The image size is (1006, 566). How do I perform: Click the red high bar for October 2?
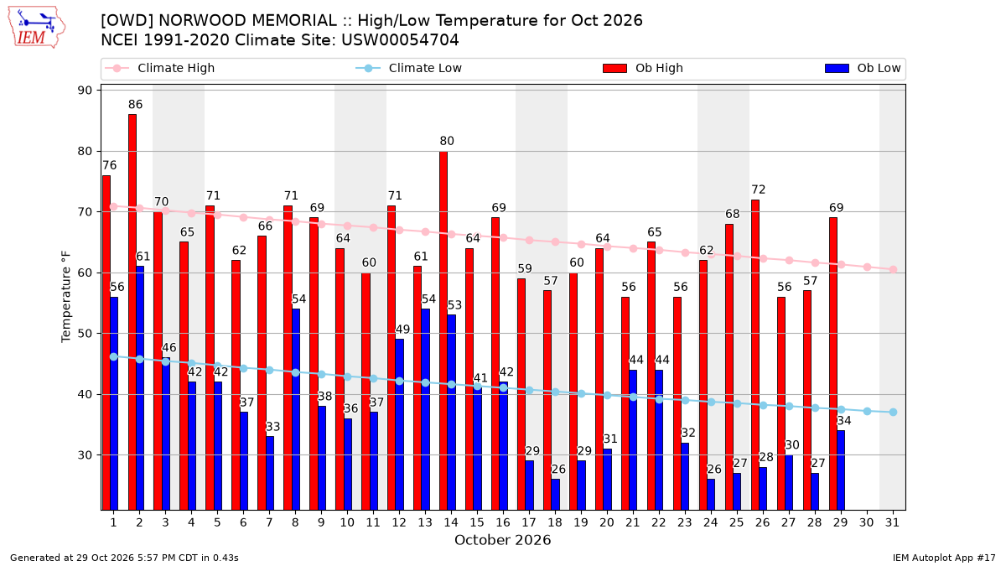click(x=132, y=312)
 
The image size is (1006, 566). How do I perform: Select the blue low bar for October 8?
click(x=296, y=409)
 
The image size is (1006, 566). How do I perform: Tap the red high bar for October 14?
click(x=443, y=330)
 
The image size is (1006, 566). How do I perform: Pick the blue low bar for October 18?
click(x=556, y=495)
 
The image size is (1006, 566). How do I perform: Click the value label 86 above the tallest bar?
click(x=135, y=105)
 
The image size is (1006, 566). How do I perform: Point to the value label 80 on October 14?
click(x=447, y=141)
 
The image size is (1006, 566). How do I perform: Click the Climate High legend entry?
click(x=160, y=68)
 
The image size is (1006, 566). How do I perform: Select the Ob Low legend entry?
click(x=863, y=68)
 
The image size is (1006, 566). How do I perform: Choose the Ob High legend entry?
click(x=643, y=68)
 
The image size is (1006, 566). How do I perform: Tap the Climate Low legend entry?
click(x=409, y=68)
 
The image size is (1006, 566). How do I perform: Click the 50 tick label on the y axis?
click(x=85, y=334)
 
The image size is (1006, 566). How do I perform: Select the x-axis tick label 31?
click(x=892, y=522)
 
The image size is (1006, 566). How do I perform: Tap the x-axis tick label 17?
click(x=529, y=522)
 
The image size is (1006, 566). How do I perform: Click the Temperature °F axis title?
click(x=66, y=297)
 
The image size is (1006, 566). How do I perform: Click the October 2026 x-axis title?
click(x=502, y=540)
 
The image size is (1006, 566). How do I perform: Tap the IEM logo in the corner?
click(x=37, y=28)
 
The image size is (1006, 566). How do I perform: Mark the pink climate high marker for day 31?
click(x=894, y=269)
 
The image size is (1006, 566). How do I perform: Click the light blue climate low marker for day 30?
click(x=867, y=411)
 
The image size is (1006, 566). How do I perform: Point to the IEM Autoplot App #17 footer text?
click(x=944, y=558)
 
